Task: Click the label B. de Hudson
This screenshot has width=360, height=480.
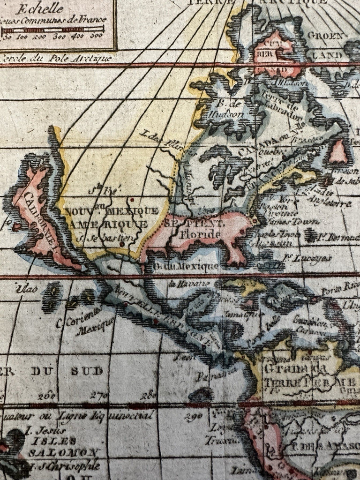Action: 229,109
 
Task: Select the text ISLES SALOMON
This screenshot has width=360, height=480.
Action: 63,447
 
